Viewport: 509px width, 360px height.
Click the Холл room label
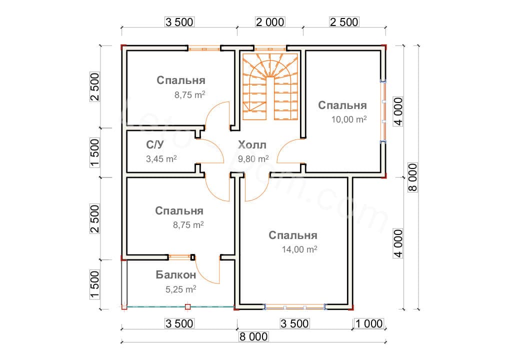(252, 145)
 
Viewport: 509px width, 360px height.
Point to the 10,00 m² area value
(349, 119)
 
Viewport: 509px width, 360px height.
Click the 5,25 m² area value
(180, 289)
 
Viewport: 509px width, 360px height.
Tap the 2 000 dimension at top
(270, 22)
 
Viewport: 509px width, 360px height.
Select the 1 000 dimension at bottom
(369, 323)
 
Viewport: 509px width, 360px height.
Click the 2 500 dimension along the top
(343, 22)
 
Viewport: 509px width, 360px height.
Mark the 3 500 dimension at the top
(178, 22)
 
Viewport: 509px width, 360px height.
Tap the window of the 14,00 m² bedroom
(295, 306)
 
